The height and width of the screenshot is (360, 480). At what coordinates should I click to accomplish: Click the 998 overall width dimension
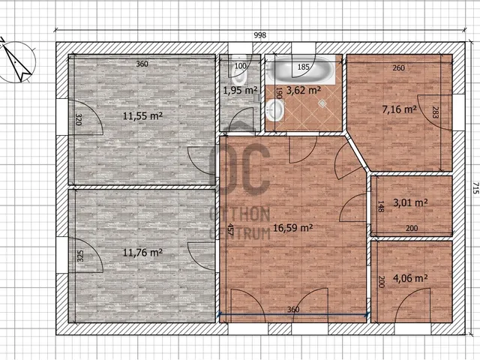click(x=260, y=35)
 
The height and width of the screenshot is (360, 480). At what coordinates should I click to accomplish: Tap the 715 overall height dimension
click(x=475, y=188)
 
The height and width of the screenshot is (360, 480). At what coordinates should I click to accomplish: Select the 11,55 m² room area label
click(x=142, y=115)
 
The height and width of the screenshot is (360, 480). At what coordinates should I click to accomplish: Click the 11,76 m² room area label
click(x=142, y=253)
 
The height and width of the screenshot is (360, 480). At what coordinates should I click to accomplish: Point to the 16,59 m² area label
click(x=292, y=227)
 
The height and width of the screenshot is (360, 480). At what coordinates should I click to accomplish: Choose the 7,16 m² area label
click(x=399, y=109)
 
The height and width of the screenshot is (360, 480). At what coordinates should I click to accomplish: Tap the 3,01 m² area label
click(x=410, y=202)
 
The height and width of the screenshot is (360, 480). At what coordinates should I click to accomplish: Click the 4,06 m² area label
click(x=410, y=278)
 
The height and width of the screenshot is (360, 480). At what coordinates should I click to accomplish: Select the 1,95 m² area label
click(x=240, y=90)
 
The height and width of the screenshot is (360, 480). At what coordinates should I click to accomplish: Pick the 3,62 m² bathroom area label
click(x=303, y=90)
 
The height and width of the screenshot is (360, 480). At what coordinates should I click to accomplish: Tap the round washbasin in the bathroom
click(x=275, y=110)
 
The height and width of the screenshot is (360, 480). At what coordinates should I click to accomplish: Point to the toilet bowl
click(x=239, y=75)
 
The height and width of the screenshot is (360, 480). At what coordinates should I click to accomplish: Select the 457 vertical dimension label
click(x=230, y=229)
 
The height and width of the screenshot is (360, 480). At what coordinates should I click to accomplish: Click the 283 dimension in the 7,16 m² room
click(x=435, y=112)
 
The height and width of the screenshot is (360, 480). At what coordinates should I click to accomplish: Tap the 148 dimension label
click(x=380, y=206)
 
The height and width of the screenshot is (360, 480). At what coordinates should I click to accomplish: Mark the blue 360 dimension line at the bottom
click(x=293, y=313)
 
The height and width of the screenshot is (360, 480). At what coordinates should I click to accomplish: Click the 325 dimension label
click(x=80, y=256)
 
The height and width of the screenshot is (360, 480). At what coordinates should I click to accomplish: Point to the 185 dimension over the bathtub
click(x=303, y=67)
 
